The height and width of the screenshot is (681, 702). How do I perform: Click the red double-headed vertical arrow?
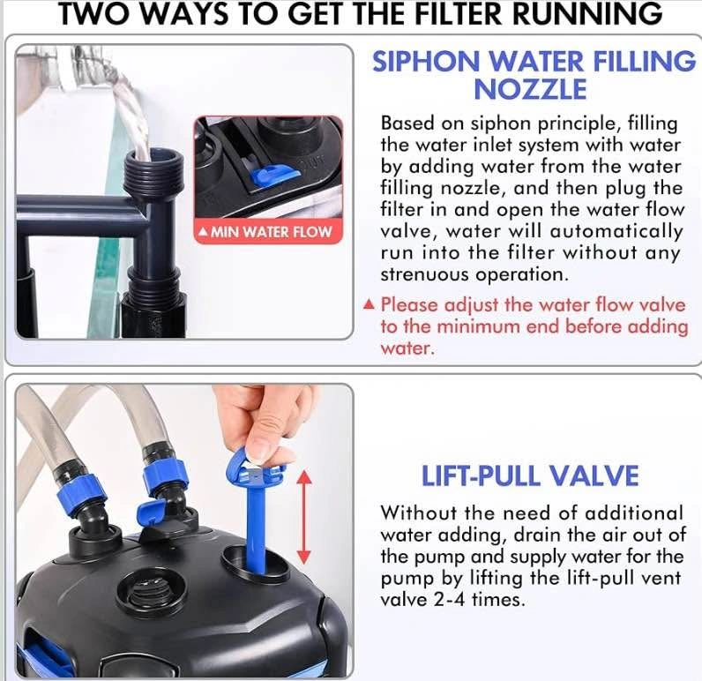coord(304,517)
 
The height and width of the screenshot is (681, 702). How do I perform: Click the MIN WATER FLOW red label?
coord(269,232)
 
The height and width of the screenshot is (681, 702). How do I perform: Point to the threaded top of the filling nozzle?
coord(154,172)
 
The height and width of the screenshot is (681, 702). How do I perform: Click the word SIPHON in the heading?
coord(427,62)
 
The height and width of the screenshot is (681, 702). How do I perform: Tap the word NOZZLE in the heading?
coord(530,89)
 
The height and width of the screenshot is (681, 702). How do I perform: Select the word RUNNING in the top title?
coord(587,13)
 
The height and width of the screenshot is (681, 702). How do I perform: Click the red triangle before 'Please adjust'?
coord(369,304)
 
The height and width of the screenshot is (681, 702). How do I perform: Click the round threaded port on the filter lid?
coord(151,591)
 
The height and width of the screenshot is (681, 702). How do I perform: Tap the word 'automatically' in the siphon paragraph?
coord(616,231)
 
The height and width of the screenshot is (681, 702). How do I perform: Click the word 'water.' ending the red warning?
coord(407,348)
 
